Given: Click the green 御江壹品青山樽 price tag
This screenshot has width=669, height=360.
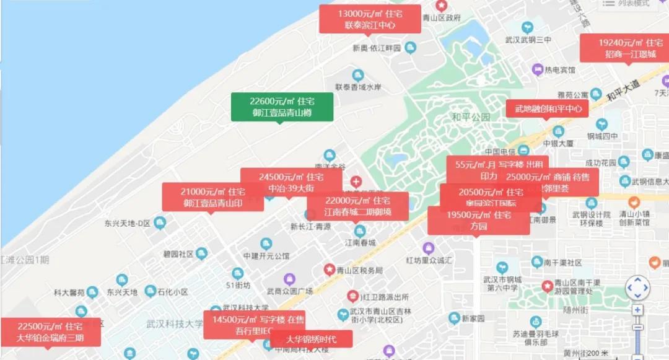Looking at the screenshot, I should (x=282, y=107).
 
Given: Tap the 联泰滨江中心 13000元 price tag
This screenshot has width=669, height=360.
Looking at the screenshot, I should (x=370, y=19).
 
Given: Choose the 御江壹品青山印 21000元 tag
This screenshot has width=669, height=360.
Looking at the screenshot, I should (x=212, y=196).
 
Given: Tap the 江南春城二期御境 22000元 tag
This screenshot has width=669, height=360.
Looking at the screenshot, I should (x=357, y=206).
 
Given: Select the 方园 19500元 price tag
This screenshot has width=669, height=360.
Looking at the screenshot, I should (x=478, y=221).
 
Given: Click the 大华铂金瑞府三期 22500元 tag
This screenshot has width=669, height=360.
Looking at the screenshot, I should (x=50, y=332).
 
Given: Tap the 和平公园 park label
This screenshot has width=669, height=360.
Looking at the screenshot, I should (x=470, y=117).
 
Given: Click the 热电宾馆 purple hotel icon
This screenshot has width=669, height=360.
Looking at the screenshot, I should (x=536, y=70).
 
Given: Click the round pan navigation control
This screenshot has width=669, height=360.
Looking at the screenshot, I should (x=637, y=288).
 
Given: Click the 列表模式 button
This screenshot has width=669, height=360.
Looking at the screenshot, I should (x=627, y=4).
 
